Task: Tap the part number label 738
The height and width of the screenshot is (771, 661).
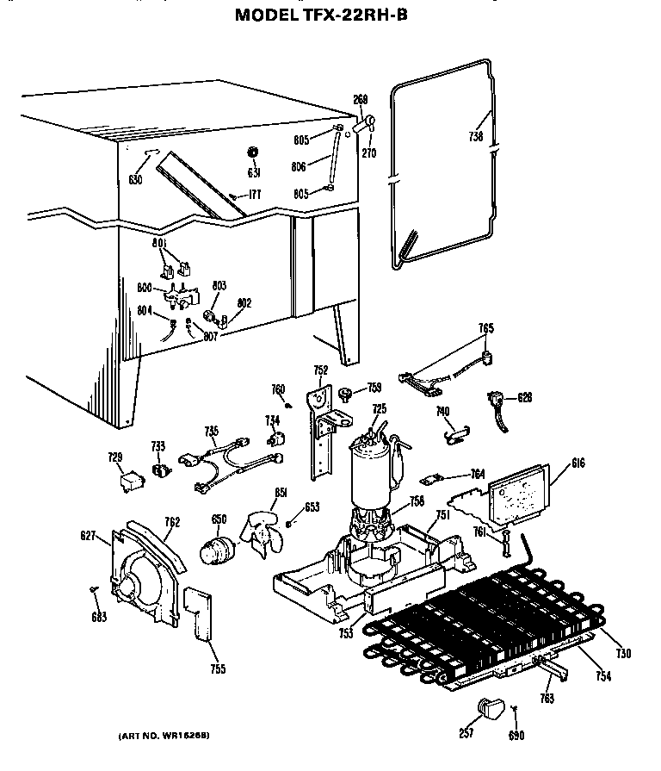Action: pyautogui.click(x=476, y=136)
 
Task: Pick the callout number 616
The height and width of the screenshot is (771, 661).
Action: pyautogui.click(x=578, y=463)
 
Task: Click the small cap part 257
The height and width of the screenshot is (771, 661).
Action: pyautogui.click(x=490, y=709)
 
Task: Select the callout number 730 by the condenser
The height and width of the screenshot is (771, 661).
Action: pyautogui.click(x=623, y=654)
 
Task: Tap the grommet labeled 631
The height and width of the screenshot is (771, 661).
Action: pyautogui.click(x=253, y=152)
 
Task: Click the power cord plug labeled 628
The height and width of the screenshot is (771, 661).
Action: pyautogui.click(x=497, y=401)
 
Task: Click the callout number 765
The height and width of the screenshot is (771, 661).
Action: pyautogui.click(x=486, y=327)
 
